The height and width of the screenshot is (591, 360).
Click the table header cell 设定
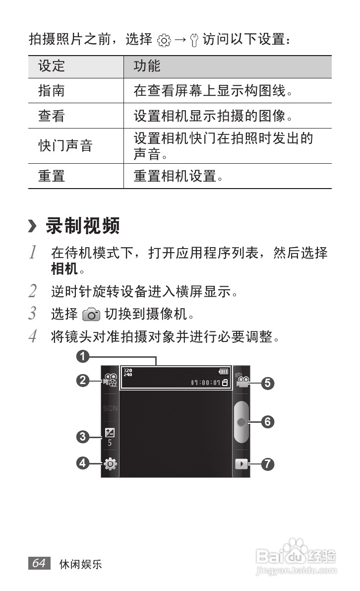click(52, 66)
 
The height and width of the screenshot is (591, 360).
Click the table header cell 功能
click(147, 66)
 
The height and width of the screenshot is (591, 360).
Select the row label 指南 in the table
click(52, 91)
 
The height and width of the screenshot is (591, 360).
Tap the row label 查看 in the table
click(52, 116)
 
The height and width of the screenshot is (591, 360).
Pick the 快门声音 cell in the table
click(65, 146)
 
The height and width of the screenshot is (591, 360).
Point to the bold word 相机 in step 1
click(64, 269)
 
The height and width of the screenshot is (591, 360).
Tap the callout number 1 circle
click(83, 356)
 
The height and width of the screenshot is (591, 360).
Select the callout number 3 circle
click(83, 437)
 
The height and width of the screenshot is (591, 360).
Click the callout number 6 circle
click(267, 422)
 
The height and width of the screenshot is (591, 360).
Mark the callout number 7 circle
click(267, 464)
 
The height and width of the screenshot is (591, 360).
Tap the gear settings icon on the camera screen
click(110, 464)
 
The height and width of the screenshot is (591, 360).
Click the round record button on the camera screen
click(241, 422)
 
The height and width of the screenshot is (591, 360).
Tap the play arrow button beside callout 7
click(240, 464)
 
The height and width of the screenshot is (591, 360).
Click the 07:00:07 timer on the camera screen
click(205, 383)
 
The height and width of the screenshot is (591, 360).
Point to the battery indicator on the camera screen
click(224, 372)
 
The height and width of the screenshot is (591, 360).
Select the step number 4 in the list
click(32, 337)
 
